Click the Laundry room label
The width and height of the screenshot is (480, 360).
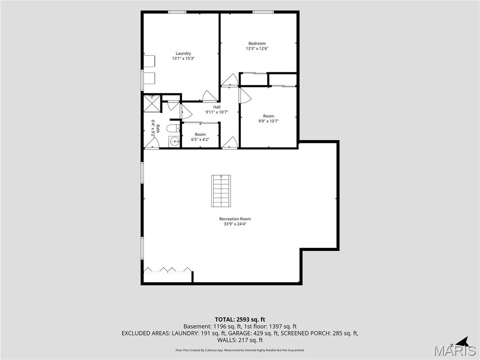pos(183,53)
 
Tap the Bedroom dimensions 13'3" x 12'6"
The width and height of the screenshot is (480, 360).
pos(257,48)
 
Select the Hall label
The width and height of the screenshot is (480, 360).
pos(217,107)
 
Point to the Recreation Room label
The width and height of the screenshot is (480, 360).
pos(235,219)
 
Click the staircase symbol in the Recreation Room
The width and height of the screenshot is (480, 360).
pos(221,191)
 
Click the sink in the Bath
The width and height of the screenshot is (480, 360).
pos(174,142)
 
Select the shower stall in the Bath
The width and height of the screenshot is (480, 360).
pos(152,104)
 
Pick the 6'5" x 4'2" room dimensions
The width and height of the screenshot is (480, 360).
pos(200,140)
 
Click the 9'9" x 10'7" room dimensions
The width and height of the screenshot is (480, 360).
pos(269,121)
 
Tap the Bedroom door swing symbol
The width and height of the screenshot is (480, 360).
pos(230,80)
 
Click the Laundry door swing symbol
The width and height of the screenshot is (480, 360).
pos(210,96)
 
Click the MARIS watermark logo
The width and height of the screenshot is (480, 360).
pos(455,350)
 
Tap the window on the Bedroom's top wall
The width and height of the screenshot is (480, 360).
pos(263,12)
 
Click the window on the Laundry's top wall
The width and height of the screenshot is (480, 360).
pos(177,12)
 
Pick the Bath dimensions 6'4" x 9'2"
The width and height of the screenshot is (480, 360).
pos(153,128)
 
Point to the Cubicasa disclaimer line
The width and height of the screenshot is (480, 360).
pos(240,350)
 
